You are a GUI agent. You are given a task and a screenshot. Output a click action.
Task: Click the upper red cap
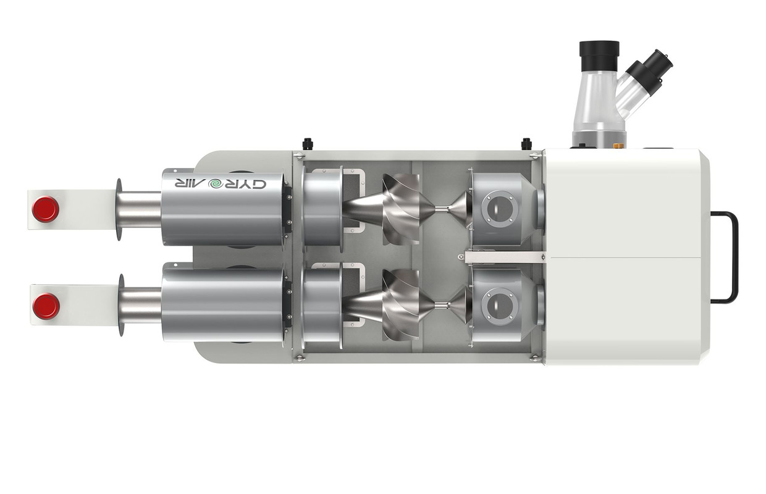(46, 209)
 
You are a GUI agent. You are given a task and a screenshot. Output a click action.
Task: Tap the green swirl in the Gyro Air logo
(216, 184)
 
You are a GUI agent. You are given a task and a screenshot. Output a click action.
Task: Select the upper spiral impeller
(401, 209)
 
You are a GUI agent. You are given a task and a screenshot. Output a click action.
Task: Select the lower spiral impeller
(401, 305)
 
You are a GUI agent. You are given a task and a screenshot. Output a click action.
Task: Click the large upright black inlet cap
(599, 56)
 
